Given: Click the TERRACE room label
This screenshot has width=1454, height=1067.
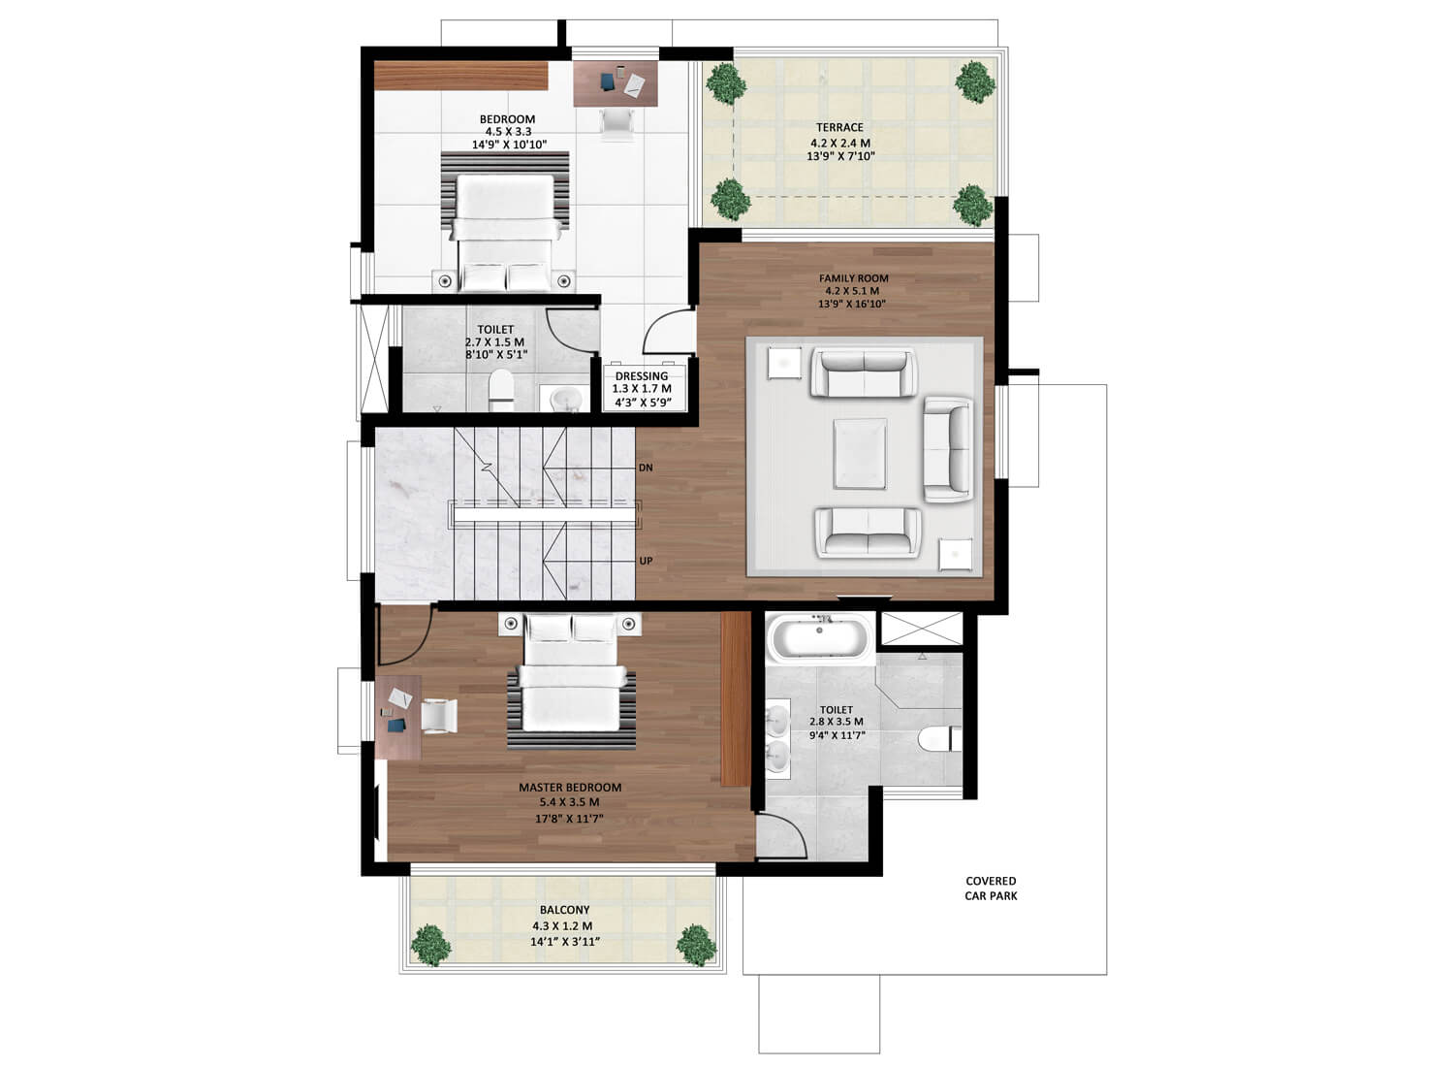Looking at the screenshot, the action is click(840, 127).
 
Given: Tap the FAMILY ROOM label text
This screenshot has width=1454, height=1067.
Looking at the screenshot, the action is click(854, 278).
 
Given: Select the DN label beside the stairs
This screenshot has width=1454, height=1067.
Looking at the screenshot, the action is click(646, 468).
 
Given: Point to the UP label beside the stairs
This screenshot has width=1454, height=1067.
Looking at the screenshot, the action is click(646, 561).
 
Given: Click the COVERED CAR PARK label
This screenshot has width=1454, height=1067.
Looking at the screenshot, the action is click(991, 889).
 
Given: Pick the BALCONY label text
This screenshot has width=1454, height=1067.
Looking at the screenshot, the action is click(565, 910).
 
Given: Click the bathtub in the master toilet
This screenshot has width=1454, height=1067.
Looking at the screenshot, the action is click(819, 639).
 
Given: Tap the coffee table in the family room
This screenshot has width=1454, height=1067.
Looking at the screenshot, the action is click(860, 453).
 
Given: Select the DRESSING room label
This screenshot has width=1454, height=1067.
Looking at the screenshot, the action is click(642, 376).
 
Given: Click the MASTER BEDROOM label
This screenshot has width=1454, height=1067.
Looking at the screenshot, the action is click(570, 787).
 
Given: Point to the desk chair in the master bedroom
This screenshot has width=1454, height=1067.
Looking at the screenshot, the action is click(439, 716).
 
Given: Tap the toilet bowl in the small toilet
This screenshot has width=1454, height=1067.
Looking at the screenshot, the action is click(500, 390).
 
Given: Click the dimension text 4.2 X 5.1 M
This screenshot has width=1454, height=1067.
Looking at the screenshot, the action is click(852, 291).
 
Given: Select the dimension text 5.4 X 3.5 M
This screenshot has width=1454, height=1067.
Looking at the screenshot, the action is click(569, 802).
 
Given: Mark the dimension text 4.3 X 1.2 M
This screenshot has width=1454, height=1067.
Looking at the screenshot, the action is click(563, 926).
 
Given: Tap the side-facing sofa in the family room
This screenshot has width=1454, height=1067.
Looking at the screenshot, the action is click(948, 449).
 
